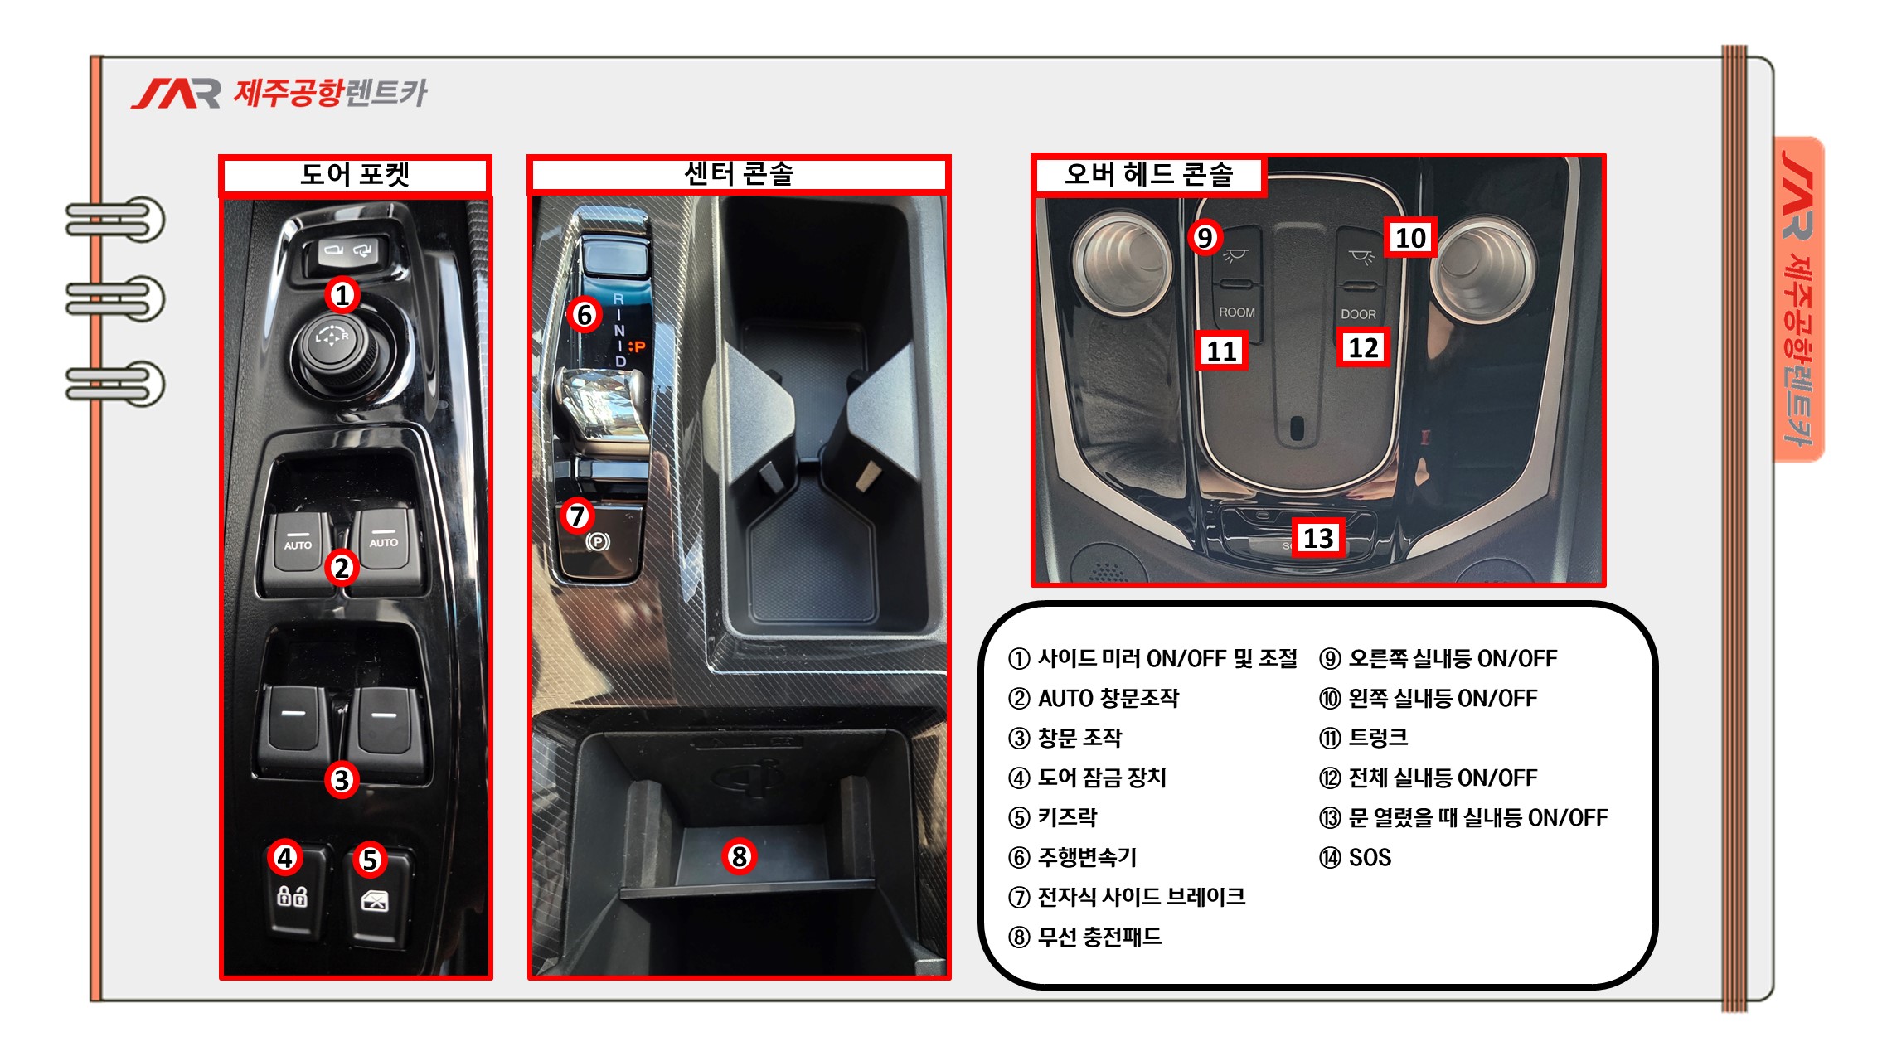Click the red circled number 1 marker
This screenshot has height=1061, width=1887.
(x=342, y=294)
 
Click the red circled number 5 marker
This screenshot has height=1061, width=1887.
(x=370, y=860)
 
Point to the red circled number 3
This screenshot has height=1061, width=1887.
(x=342, y=779)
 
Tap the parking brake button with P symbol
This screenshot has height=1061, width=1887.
(x=599, y=542)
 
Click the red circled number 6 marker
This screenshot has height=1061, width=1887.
(x=584, y=314)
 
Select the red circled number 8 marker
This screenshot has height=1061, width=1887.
(x=739, y=856)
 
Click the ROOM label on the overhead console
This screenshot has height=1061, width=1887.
(x=1237, y=312)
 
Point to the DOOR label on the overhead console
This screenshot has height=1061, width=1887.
(x=1358, y=314)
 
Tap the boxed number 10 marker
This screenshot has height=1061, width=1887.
(x=1410, y=238)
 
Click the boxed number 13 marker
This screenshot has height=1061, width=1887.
(x=1318, y=538)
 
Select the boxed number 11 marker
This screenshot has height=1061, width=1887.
(x=1221, y=351)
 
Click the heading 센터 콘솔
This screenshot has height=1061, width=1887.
(x=739, y=173)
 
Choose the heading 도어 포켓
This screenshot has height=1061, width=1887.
(x=355, y=174)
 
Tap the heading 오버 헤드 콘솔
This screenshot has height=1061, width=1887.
(x=1149, y=174)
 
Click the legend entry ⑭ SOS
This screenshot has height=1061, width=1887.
(x=1355, y=857)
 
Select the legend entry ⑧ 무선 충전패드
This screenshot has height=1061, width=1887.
(x=1084, y=937)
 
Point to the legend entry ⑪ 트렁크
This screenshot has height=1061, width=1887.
(x=1363, y=738)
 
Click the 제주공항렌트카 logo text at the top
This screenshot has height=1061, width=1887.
(x=330, y=92)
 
